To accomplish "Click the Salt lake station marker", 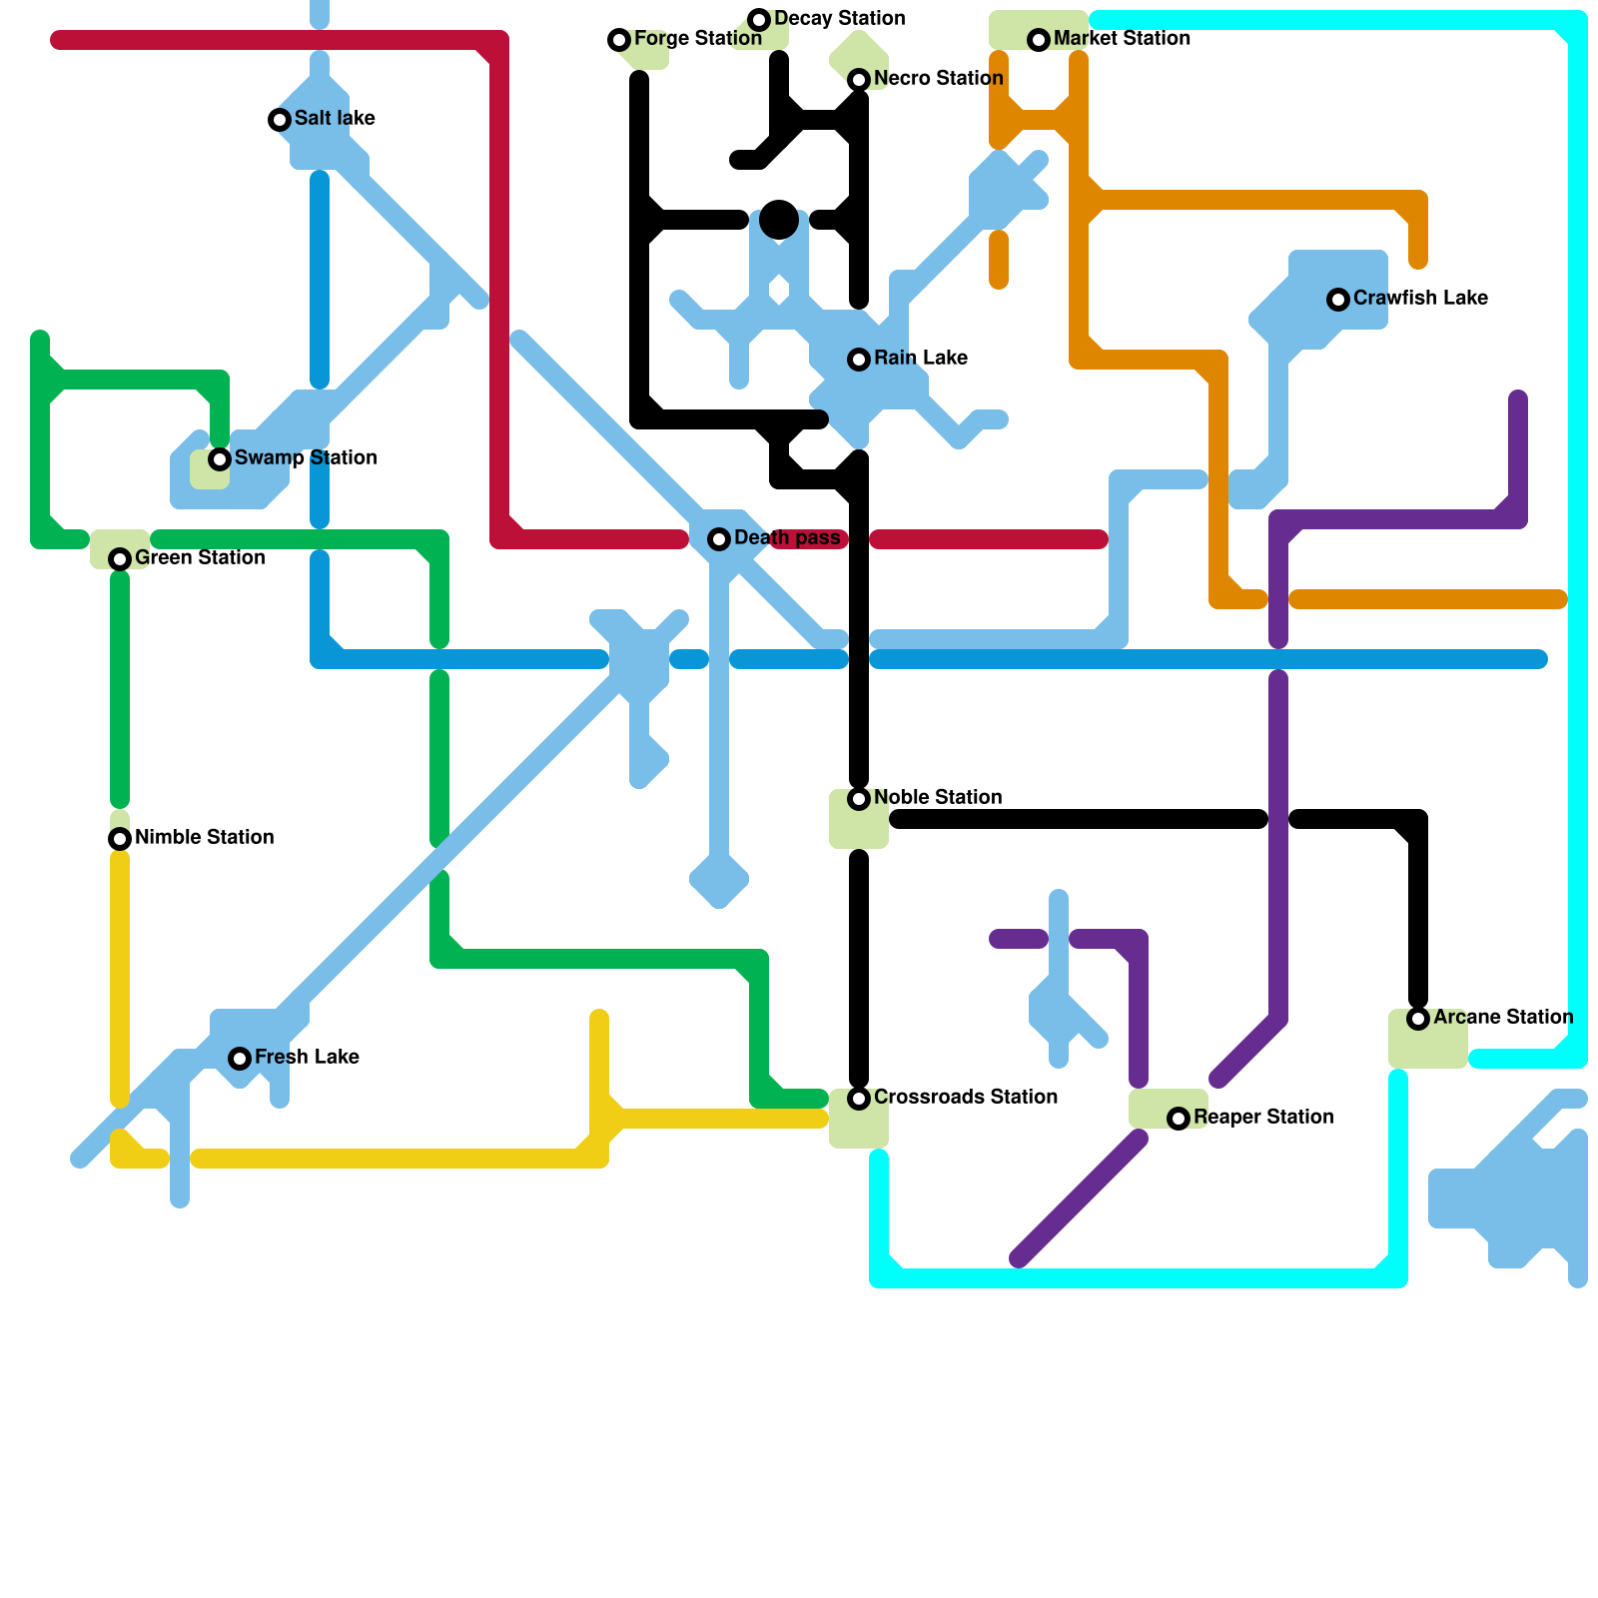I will click(280, 120).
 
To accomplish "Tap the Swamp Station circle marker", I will click(220, 459).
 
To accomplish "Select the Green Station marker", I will click(120, 559).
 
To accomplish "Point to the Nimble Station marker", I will click(120, 839).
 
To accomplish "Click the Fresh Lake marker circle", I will click(240, 1059).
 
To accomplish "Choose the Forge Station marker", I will click(619, 40).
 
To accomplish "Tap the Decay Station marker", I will click(759, 20).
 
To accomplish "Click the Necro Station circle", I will click(859, 80).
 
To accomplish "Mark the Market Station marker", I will click(1039, 40).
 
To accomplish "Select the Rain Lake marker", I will click(859, 360).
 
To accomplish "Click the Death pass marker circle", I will click(719, 539).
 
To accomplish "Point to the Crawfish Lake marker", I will click(1338, 300).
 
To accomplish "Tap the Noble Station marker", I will click(859, 799).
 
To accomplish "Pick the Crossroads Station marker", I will click(859, 1099).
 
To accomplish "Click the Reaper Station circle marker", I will click(1179, 1119).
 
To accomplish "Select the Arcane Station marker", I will click(1418, 1019).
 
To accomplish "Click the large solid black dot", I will click(779, 220).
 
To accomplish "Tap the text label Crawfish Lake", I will click(1420, 299).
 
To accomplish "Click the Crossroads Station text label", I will click(965, 1098).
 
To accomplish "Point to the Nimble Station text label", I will click(204, 838).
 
